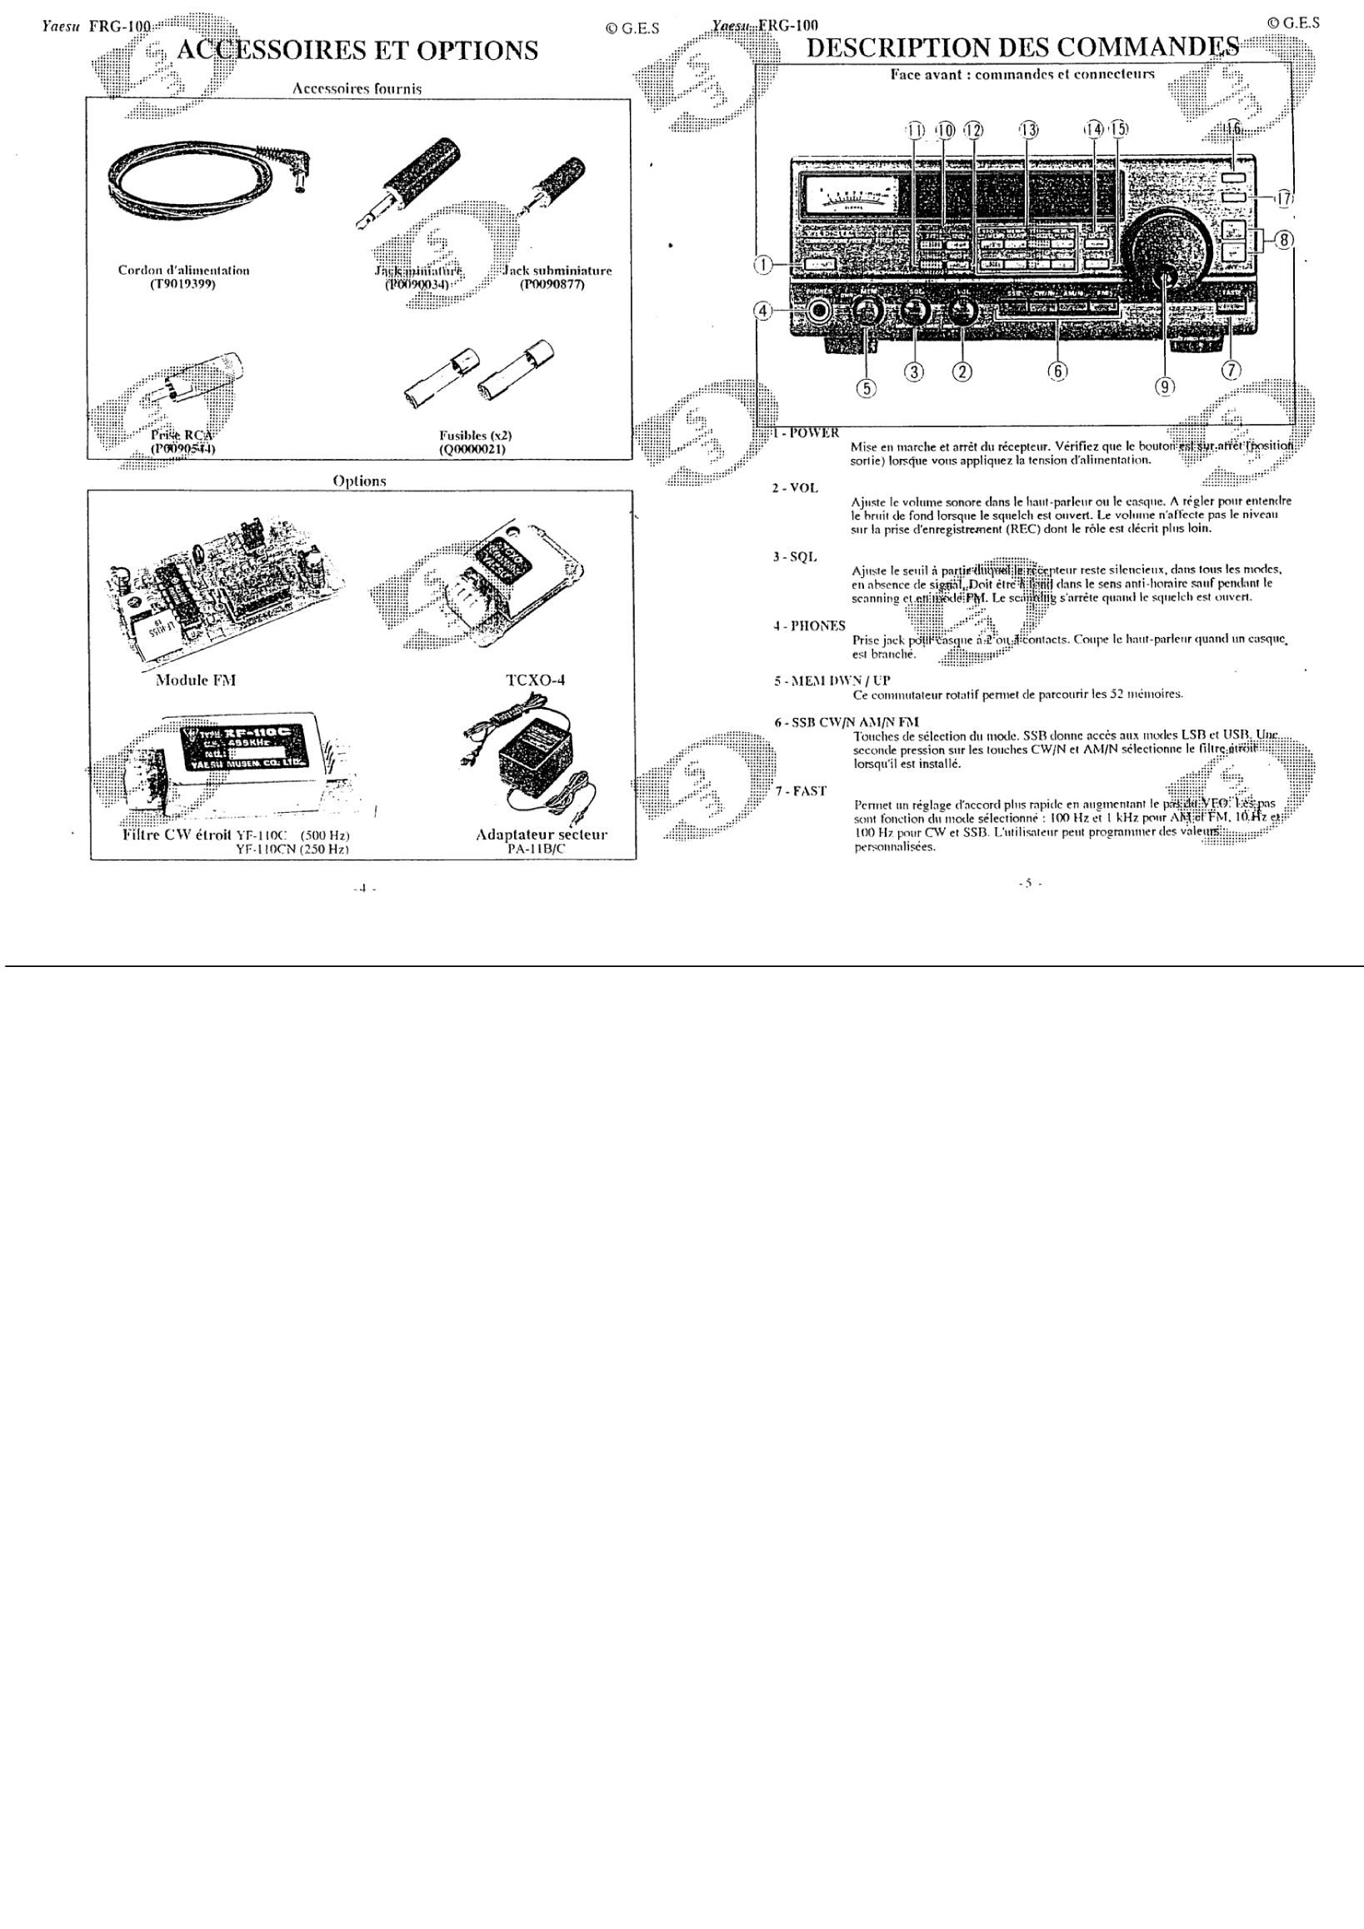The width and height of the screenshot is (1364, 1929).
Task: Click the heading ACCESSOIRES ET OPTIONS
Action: click(x=357, y=51)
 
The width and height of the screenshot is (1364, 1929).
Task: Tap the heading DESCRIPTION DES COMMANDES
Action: click(x=1022, y=47)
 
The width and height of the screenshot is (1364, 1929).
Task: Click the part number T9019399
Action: click(x=183, y=284)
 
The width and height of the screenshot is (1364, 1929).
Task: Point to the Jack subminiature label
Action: click(x=557, y=271)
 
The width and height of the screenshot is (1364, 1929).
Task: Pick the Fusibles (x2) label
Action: click(x=475, y=436)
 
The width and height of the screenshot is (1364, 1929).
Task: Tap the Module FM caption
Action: click(x=196, y=680)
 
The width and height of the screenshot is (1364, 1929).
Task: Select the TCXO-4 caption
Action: click(x=535, y=680)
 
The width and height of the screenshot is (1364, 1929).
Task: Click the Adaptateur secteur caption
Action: click(x=542, y=835)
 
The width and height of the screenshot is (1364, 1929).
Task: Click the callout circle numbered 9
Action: click(x=1164, y=386)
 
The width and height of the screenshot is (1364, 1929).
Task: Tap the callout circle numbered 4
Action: click(x=762, y=311)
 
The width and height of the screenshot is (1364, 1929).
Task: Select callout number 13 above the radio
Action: click(x=1028, y=130)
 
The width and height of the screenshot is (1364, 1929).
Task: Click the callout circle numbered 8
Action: click(x=1283, y=240)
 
